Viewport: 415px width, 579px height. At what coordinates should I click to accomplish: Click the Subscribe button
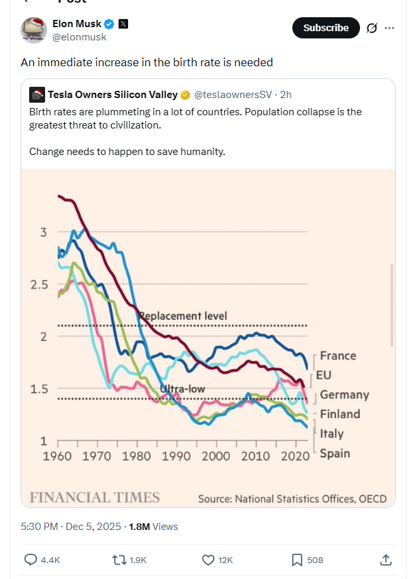326,28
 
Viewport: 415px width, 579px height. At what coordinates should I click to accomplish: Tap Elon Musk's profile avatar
34,30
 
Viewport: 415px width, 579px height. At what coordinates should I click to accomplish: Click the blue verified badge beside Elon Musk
110,24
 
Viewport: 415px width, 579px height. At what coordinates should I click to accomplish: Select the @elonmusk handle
79,37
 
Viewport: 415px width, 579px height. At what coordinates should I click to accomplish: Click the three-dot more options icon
390,28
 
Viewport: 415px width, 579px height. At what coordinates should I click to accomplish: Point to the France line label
337,356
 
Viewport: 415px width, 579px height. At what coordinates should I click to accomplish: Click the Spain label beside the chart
335,453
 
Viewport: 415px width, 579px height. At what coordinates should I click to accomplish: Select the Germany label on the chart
344,395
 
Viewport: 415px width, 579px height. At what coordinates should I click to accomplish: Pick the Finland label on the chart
340,414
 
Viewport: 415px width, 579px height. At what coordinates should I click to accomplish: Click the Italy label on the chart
331,434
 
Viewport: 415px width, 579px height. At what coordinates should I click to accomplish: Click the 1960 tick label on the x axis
58,456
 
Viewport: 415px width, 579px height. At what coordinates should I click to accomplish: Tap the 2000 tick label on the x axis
215,456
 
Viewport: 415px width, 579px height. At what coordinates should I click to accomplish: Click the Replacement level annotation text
183,316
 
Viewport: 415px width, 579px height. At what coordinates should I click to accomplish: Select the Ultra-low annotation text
182,389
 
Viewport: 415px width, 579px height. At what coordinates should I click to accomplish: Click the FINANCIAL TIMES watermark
95,498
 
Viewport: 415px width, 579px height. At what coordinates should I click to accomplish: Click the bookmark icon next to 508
297,560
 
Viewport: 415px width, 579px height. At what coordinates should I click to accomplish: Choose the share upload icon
386,560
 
